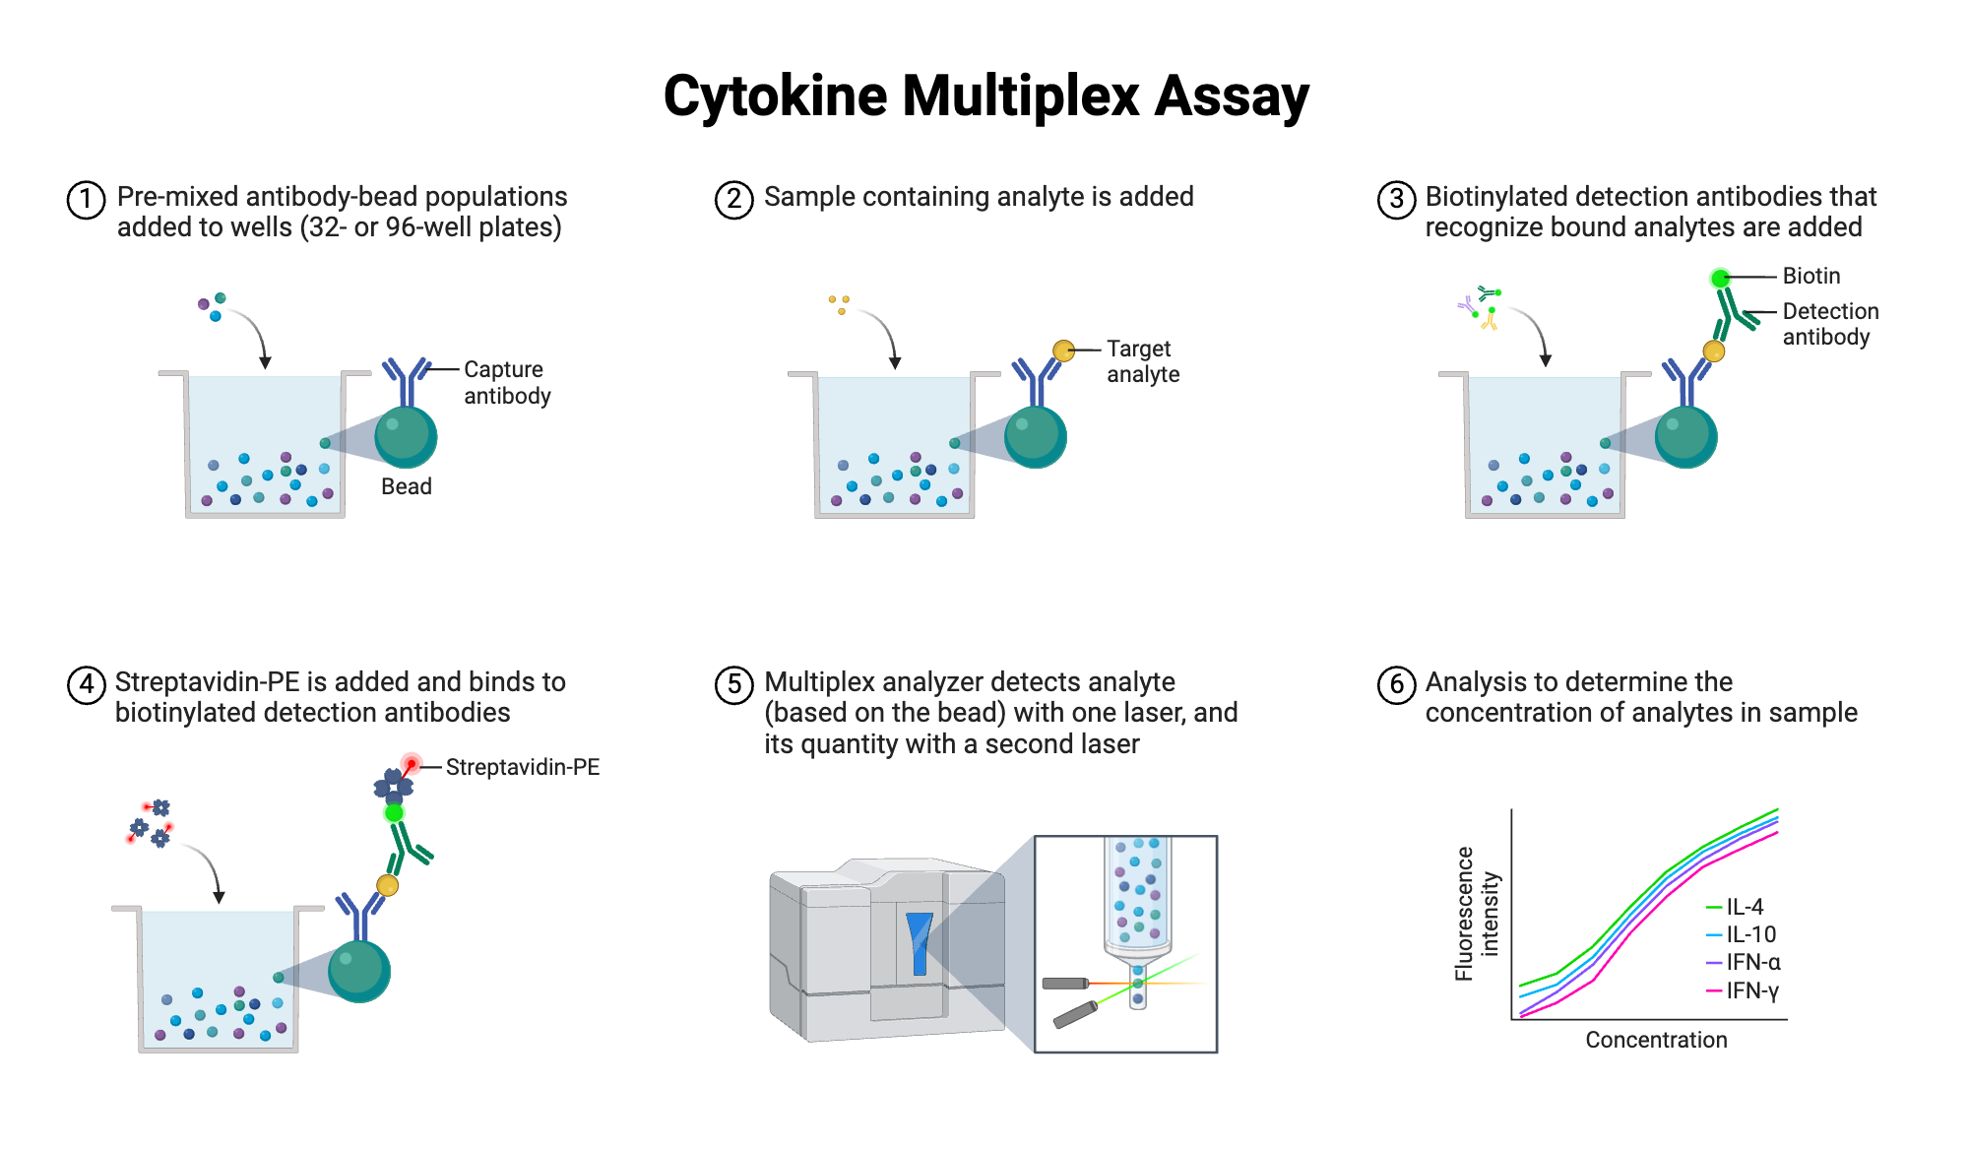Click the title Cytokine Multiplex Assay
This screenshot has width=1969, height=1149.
tap(985, 96)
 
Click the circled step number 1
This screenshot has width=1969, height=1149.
tap(86, 200)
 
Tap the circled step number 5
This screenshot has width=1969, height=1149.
tap(733, 684)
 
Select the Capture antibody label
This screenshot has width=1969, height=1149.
tap(507, 382)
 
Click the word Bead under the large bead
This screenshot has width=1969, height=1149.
tap(406, 486)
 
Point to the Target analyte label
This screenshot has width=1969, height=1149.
tap(1142, 361)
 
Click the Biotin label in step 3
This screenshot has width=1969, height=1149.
tap(1810, 276)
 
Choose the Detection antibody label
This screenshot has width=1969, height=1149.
tap(1829, 324)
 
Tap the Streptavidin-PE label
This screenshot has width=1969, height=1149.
tap(522, 767)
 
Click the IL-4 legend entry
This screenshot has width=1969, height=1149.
tap(1744, 907)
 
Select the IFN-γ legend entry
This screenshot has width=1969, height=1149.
tap(1751, 990)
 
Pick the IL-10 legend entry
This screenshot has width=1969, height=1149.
tap(1749, 934)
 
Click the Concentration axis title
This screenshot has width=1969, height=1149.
tap(1656, 1040)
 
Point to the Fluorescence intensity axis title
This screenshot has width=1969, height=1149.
tap(1477, 914)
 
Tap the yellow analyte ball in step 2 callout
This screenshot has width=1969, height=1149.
tap(1063, 351)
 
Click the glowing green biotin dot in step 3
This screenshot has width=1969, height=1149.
tap(1720, 279)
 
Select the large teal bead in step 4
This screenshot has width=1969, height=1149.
tap(359, 971)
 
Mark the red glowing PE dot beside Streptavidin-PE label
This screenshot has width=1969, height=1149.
tap(412, 764)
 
